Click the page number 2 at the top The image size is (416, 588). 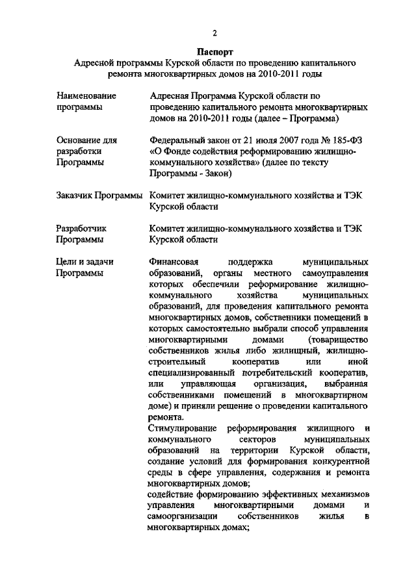214,34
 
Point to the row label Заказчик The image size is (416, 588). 76,195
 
